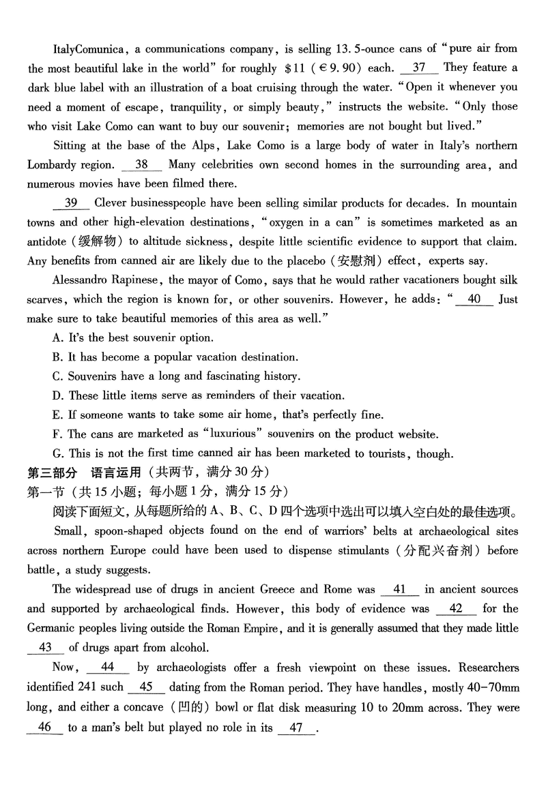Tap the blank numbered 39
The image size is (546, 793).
[71, 203]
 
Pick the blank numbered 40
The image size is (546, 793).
[475, 299]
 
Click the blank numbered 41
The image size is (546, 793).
[400, 589]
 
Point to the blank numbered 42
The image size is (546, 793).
[457, 608]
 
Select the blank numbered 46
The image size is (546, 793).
[45, 727]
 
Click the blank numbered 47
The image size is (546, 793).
[296, 727]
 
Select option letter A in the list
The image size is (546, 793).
[57, 338]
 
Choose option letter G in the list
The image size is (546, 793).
[57, 453]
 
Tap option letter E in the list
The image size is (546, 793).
[56, 415]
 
